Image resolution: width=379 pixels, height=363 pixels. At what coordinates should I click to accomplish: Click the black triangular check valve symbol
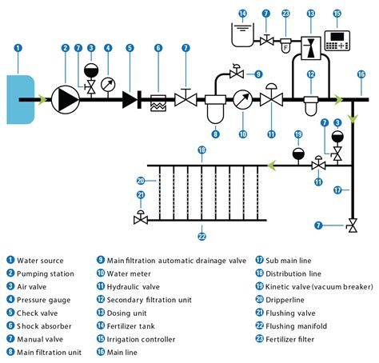coord(130,100)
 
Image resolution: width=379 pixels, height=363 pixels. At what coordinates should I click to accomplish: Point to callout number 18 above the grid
coord(201,150)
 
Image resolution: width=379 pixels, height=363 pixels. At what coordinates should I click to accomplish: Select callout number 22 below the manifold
coord(201,236)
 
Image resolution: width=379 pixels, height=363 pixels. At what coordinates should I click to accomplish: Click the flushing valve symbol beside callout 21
coord(142,217)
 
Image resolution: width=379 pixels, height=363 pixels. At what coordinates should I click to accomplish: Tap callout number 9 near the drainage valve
coord(258,74)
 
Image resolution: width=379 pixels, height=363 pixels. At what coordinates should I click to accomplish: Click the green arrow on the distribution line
coord(274,166)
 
